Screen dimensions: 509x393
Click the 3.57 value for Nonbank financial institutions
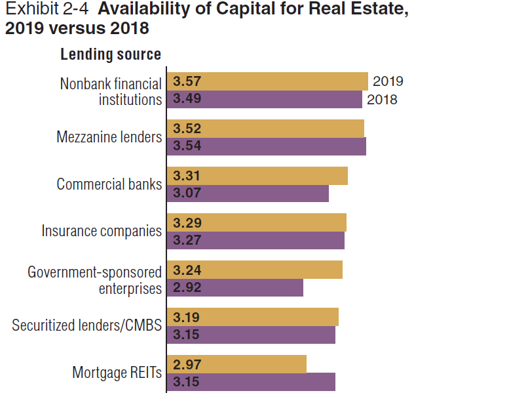coord(187,81)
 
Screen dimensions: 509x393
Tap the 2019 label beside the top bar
coord(388,81)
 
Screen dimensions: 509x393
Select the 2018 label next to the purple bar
coord(382,100)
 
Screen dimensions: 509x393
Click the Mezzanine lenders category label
coord(109,137)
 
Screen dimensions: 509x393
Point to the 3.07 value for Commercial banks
coord(187,193)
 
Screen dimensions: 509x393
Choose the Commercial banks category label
coord(109,184)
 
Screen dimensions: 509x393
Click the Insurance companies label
coord(102,231)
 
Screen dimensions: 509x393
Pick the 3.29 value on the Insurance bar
coord(187,223)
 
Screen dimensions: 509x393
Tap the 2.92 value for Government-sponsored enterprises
coord(187,287)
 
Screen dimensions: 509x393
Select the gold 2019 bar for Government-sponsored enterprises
coord(254,270)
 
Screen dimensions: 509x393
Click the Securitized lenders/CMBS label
coord(86,325)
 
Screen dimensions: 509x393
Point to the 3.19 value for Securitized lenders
coord(186,318)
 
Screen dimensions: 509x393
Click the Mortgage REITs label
coord(117,373)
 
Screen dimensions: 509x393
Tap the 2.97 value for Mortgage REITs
coord(187,364)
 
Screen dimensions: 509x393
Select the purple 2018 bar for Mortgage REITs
coord(251,382)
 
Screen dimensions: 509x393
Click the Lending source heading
coord(111,54)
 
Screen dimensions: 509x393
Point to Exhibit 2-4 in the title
coord(47,9)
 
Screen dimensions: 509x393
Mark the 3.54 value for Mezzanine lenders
coord(187,146)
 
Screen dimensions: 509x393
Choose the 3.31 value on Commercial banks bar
coord(186,176)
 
